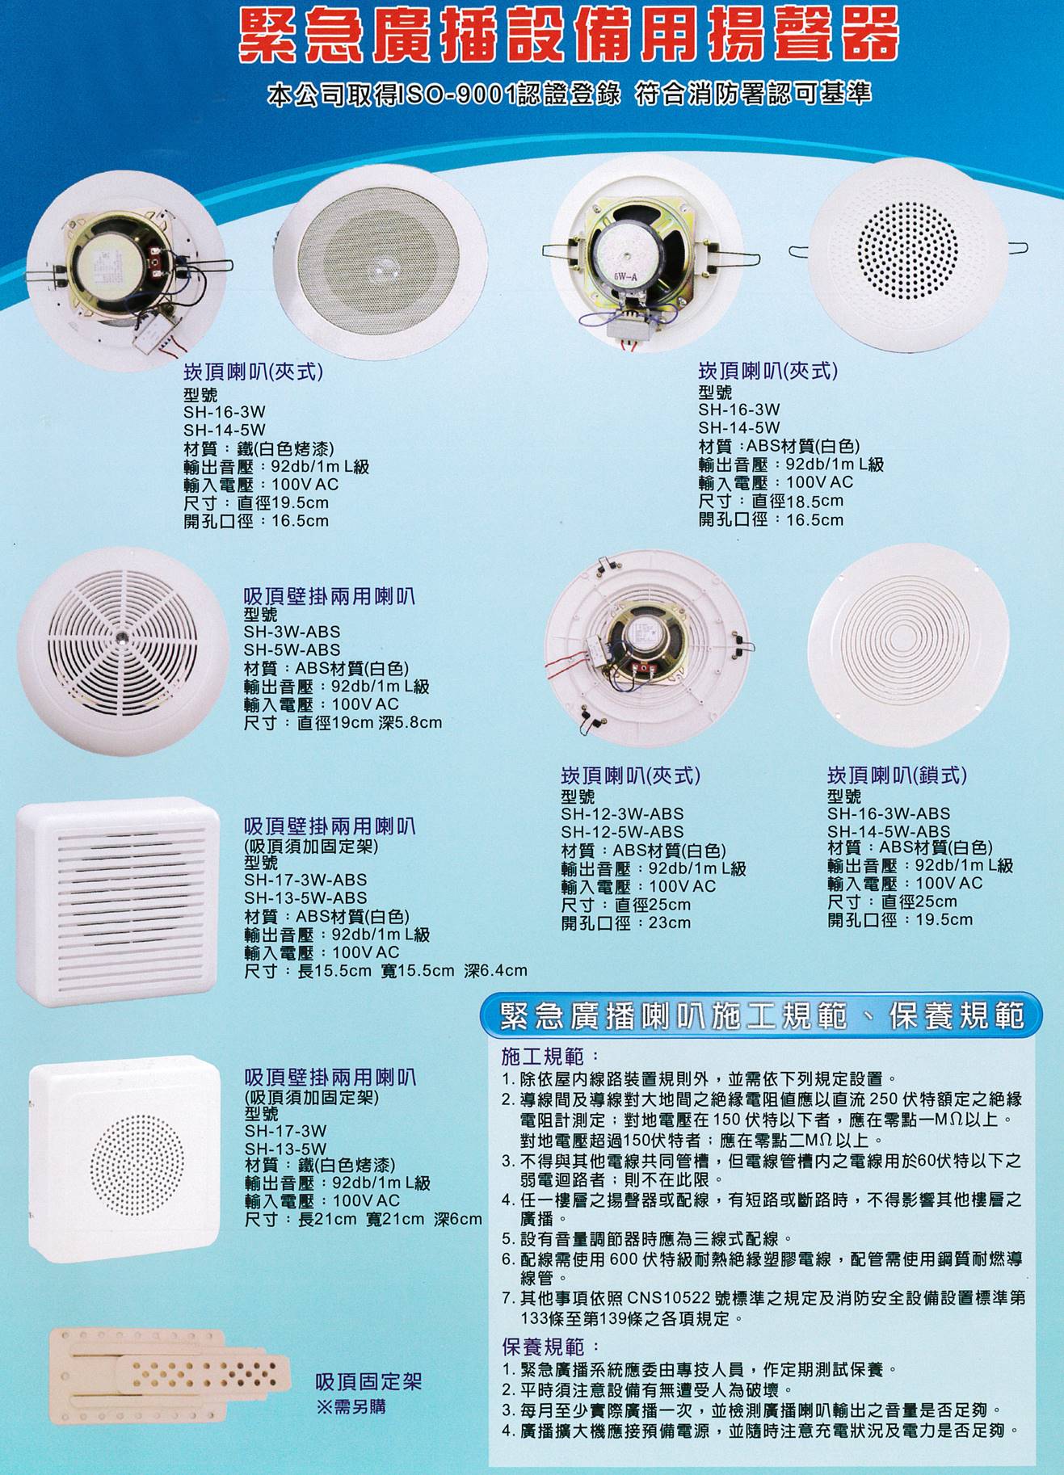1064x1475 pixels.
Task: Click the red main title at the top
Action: (x=569, y=36)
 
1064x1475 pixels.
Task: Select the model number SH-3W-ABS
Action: (x=292, y=632)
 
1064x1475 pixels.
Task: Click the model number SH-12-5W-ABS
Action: (x=622, y=832)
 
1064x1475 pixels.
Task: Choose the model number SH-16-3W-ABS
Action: (x=888, y=813)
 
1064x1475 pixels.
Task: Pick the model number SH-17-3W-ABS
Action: (x=305, y=880)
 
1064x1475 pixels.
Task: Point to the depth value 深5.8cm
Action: (x=410, y=722)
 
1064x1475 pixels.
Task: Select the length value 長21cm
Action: (x=327, y=1219)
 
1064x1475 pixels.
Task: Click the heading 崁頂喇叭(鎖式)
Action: (x=897, y=775)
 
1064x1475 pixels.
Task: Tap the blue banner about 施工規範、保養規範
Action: (x=761, y=1015)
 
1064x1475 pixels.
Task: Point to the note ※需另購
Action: (x=351, y=1406)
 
